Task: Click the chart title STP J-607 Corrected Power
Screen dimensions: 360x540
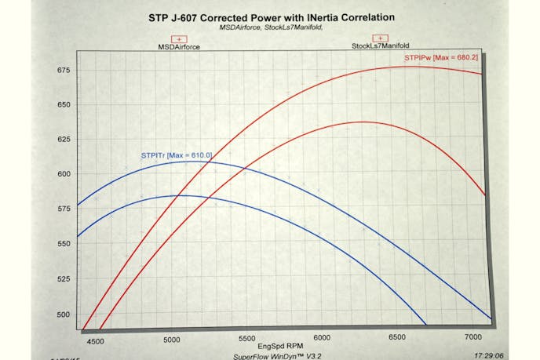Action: point(271,16)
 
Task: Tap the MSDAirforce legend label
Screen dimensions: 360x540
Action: point(179,47)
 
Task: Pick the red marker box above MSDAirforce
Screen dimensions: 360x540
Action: point(179,38)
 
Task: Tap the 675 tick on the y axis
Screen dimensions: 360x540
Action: point(63,71)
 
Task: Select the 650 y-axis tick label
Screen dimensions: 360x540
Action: point(63,105)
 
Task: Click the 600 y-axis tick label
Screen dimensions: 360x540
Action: point(63,174)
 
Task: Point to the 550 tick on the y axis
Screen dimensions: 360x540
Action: point(63,244)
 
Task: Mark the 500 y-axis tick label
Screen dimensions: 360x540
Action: point(63,314)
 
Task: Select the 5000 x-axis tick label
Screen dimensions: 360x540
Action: point(171,340)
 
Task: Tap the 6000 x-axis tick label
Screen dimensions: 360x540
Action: point(321,338)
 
